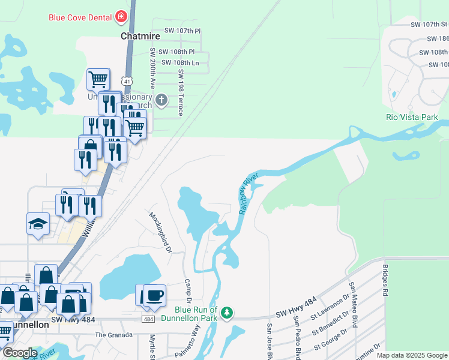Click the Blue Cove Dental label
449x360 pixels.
click(80, 17)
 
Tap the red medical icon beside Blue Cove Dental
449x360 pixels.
click(122, 16)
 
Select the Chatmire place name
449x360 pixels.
click(140, 36)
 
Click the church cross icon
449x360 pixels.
click(161, 100)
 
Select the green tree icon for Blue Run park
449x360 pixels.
click(227, 312)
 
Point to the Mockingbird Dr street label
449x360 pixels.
click(160, 231)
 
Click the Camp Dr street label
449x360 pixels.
click(187, 290)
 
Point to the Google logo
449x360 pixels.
click(20, 353)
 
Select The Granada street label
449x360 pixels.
click(112, 335)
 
